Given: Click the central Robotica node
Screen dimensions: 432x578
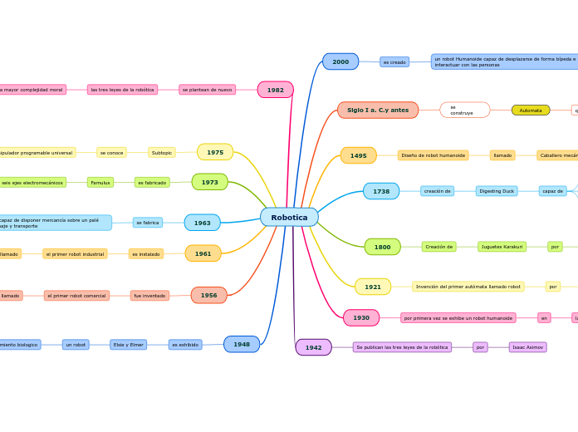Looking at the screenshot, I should pyautogui.click(x=289, y=218).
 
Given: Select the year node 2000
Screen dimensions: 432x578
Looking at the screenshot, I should pyautogui.click(x=340, y=61).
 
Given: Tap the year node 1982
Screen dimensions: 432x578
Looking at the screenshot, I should pyautogui.click(x=275, y=90).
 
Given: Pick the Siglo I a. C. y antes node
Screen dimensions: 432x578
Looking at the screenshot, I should pyautogui.click(x=378, y=110).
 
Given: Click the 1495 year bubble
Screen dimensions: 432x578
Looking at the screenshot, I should pyautogui.click(x=358, y=155).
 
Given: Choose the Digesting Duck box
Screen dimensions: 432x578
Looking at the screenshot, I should pyautogui.click(x=497, y=191).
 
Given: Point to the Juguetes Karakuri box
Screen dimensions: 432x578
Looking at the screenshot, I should pyautogui.click(x=502, y=247).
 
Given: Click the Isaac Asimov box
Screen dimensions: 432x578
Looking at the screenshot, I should pyautogui.click(x=527, y=347).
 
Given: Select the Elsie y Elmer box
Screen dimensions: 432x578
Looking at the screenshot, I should pyautogui.click(x=128, y=344).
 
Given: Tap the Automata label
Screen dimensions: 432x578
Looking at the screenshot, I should pyautogui.click(x=531, y=110).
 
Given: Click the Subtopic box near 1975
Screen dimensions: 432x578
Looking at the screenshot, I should pyautogui.click(x=162, y=153).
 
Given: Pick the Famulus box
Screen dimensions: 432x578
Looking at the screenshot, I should pyautogui.click(x=100, y=182).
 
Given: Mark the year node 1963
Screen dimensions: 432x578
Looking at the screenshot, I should pyautogui.click(x=202, y=223).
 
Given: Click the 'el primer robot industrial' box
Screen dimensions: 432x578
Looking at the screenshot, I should pyautogui.click(x=75, y=253).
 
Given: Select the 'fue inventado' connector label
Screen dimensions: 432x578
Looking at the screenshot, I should pyautogui.click(x=149, y=295).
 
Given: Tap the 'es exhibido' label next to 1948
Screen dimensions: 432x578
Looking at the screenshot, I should pyautogui.click(x=185, y=344).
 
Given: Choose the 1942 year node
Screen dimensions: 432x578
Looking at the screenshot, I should pyautogui.click(x=313, y=347).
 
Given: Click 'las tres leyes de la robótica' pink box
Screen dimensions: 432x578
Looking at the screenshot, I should pyautogui.click(x=122, y=90).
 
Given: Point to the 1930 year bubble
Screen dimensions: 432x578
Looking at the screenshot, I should pyautogui.click(x=361, y=317).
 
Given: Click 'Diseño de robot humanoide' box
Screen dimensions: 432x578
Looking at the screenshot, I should pyautogui.click(x=433, y=155).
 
